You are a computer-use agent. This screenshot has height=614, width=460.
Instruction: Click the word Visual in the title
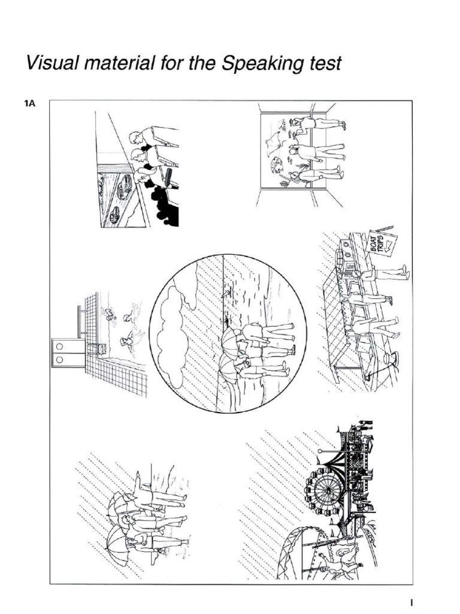(46, 63)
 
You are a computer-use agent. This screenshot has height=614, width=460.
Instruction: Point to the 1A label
(30, 104)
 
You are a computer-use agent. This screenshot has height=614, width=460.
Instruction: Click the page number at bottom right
(411, 602)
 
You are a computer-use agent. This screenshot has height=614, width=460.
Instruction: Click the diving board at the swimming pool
(80, 323)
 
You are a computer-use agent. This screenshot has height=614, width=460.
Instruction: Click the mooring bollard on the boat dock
(391, 359)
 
